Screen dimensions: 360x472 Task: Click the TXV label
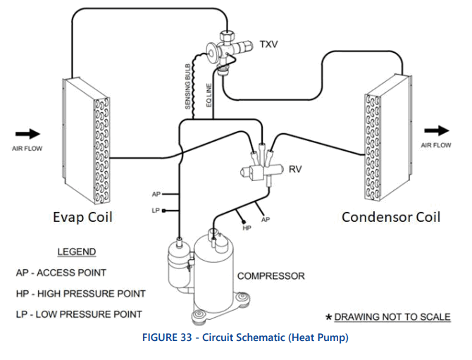click(268, 44)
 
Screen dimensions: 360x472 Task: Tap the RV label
click(296, 169)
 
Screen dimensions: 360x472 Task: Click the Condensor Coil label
click(391, 216)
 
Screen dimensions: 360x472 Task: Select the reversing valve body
click(260, 169)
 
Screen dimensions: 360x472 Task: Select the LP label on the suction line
click(156, 210)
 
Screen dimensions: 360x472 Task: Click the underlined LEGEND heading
click(76, 252)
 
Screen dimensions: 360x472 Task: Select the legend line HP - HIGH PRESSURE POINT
click(80, 293)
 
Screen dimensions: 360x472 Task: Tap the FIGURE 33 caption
click(235, 337)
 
